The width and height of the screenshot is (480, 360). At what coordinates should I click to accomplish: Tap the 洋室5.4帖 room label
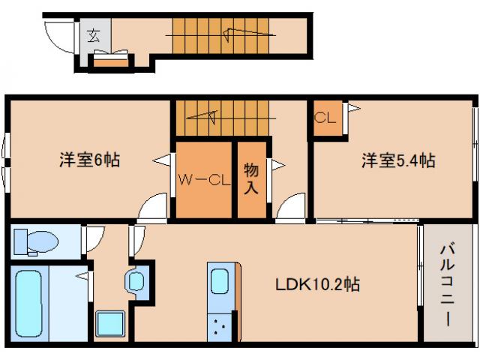click(x=398, y=160)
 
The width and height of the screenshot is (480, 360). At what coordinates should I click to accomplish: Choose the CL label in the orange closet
click(x=325, y=118)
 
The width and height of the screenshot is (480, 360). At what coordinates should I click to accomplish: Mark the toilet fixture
click(x=38, y=241)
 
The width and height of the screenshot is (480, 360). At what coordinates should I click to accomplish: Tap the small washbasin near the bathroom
click(x=137, y=282)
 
